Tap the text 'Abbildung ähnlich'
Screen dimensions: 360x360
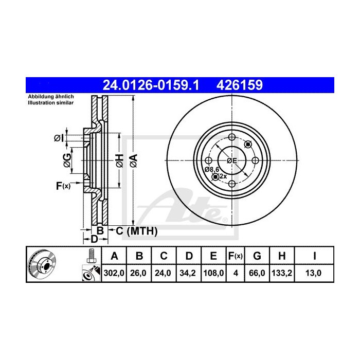(x=51, y=98)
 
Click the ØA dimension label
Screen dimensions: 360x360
(x=133, y=160)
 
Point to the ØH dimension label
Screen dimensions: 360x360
(x=118, y=160)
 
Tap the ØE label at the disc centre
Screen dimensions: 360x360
(x=232, y=160)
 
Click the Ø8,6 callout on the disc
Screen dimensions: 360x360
(x=211, y=169)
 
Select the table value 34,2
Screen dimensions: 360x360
(x=189, y=274)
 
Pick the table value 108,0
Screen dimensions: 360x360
(x=214, y=274)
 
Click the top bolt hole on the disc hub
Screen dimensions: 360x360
(x=232, y=137)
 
